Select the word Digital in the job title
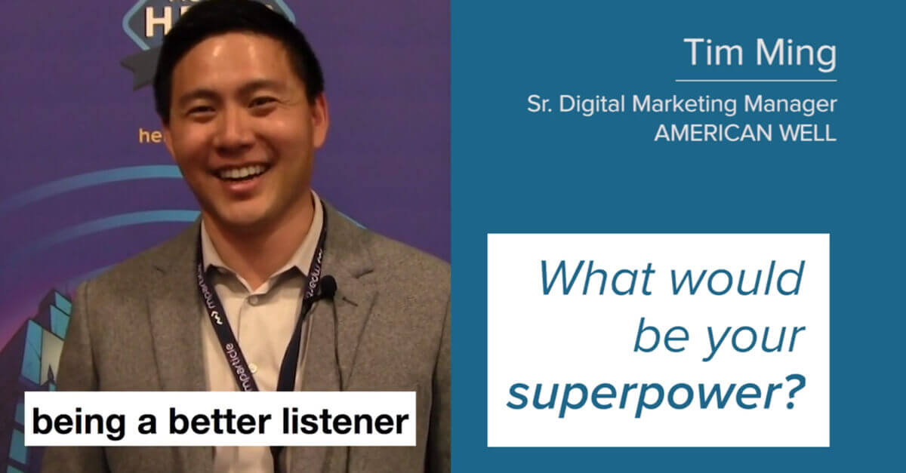[x=590, y=106]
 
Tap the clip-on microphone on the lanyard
[x=328, y=287]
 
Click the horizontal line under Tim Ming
[x=756, y=80]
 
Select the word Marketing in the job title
[x=684, y=106]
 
